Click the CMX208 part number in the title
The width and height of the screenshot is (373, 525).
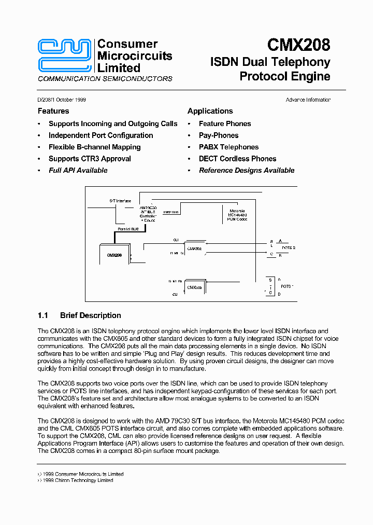(x=298, y=45)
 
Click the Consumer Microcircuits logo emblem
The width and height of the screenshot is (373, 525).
(x=66, y=56)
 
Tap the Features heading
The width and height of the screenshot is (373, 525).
(x=53, y=111)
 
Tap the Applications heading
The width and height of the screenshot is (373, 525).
(x=210, y=111)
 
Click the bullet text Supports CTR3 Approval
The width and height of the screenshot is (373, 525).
(x=90, y=159)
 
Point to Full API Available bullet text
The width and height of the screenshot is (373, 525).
(x=78, y=170)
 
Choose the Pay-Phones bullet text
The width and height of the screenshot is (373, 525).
(x=219, y=135)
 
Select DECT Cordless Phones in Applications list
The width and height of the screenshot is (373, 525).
(x=237, y=159)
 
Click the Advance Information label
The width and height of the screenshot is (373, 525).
(x=308, y=100)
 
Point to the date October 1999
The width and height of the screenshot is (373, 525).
(x=69, y=100)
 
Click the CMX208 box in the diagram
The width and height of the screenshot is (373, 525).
(x=114, y=255)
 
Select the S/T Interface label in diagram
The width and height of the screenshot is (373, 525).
(x=120, y=201)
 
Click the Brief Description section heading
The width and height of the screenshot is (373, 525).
(x=91, y=315)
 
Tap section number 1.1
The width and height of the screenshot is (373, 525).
(x=43, y=315)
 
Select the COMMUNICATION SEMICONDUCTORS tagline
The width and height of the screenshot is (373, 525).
(x=105, y=79)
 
